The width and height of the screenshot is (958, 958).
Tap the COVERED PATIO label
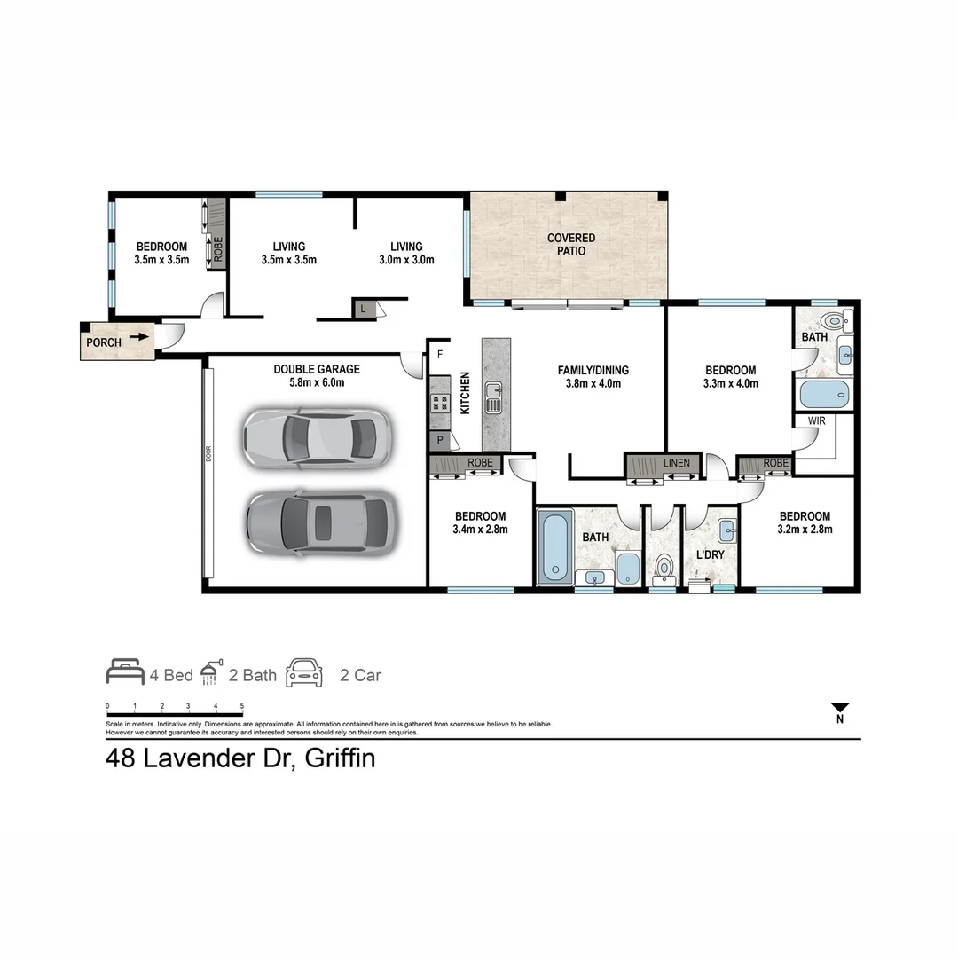tap(571, 244)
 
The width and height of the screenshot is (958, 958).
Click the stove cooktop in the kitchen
tap(439, 404)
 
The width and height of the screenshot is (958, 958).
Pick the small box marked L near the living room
tap(364, 308)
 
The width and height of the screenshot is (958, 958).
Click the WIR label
tap(816, 420)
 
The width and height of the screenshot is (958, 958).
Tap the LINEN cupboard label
tap(676, 463)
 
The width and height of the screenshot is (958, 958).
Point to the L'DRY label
tap(710, 554)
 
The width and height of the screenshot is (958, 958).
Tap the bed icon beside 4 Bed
tap(125, 672)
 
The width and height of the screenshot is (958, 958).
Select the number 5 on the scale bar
tap(242, 706)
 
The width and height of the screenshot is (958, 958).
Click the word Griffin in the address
tap(340, 759)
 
